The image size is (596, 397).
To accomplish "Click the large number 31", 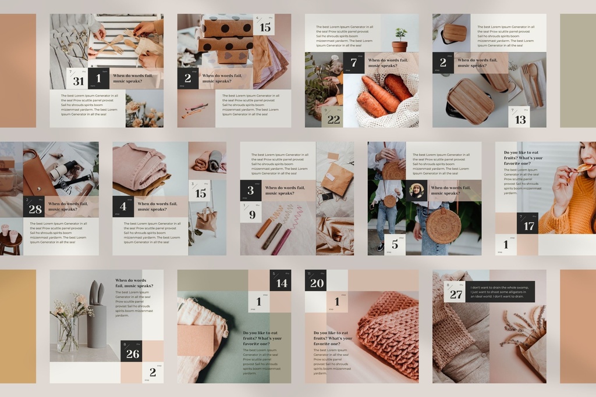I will (79, 81).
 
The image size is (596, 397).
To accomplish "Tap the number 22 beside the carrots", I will (334, 120).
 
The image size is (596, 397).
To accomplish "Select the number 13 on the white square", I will (520, 120).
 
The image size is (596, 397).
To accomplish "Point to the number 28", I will (35, 209).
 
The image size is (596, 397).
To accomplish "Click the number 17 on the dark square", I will (528, 226).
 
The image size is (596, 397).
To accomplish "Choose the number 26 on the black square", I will (133, 354).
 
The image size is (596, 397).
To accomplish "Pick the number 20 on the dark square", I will (317, 283).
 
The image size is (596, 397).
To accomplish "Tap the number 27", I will (456, 294).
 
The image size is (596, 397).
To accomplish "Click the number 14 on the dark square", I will (282, 284).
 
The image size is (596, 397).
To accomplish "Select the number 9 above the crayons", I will (253, 215).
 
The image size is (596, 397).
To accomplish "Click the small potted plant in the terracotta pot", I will (400, 40).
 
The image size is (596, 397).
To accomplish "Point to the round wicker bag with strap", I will (443, 226).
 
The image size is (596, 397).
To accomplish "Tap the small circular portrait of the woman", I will (417, 191).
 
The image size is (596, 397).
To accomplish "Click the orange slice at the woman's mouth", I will (583, 169).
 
